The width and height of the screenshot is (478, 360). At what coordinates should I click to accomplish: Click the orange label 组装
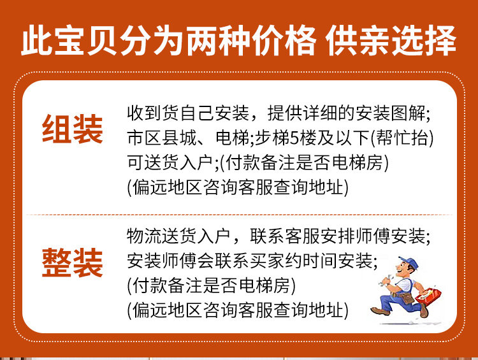[72, 129]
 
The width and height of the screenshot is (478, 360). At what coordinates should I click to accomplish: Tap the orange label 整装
[72, 263]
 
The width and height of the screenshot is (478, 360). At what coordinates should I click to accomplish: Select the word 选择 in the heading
[424, 41]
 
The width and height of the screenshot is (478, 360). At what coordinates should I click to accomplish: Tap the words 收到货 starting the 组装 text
[153, 113]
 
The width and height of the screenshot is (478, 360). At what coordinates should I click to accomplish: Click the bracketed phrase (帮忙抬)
[402, 138]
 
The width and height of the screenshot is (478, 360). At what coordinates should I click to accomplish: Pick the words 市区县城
[162, 138]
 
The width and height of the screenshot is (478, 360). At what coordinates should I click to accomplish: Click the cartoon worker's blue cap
[408, 263]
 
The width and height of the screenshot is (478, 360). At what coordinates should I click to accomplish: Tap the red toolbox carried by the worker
[428, 296]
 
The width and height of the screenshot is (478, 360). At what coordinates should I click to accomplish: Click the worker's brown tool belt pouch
[407, 298]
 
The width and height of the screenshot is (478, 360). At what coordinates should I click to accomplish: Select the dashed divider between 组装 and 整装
[239, 215]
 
